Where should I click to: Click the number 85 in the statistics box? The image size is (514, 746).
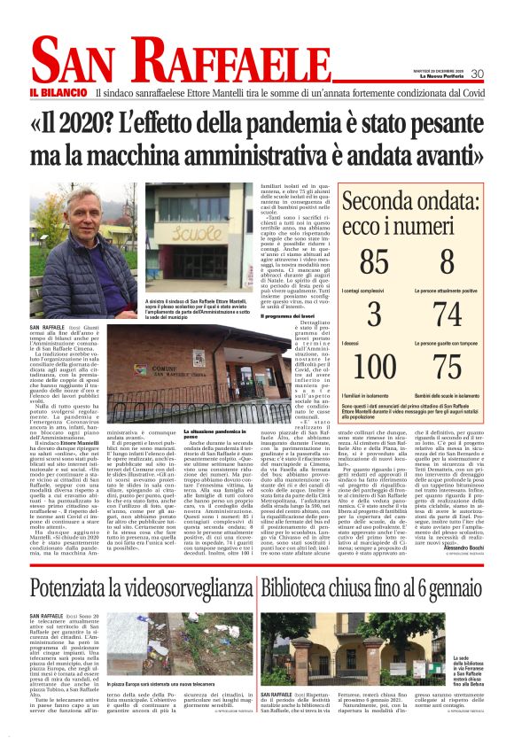pos(375,263)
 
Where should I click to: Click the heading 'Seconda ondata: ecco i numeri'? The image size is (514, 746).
pos(411,213)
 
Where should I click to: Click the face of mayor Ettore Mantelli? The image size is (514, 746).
pos(80,238)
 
